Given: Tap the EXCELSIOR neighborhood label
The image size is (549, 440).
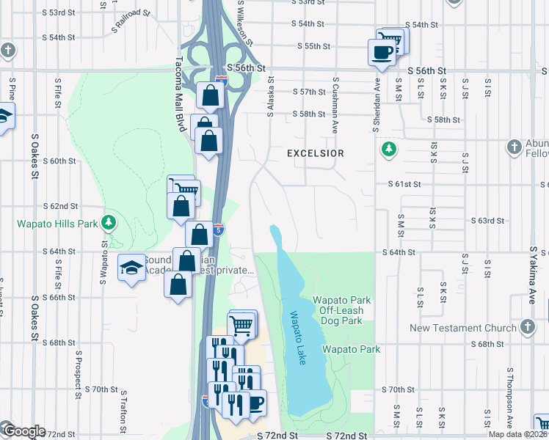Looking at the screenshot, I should pos(315,153).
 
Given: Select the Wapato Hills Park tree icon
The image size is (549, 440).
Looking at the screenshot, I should pos(109,221).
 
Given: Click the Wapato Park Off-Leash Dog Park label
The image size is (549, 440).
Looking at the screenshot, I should pos(342,310).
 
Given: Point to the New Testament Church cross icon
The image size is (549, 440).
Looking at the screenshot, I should pos(527,326).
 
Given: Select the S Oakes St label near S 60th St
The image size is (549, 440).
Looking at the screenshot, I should pos(34,154).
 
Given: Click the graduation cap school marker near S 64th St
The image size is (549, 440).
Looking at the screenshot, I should pos(131,267).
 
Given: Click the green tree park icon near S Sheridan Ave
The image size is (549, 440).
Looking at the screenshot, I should pos(388,150).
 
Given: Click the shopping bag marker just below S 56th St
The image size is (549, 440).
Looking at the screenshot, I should pos(211,95).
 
